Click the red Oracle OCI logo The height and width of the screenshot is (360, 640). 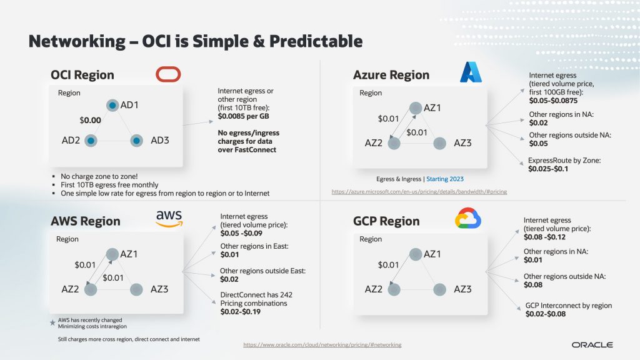(168, 74)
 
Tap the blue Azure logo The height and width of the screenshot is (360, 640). (471, 72)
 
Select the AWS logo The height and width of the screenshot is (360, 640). (169, 218)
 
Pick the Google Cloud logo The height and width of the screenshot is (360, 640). (468, 218)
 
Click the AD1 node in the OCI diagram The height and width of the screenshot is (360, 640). (112, 105)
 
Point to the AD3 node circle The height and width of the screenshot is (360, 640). (136, 141)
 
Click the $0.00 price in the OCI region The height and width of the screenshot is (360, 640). (90, 120)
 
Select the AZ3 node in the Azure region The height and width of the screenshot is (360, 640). (439, 143)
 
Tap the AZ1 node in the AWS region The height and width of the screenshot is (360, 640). (112, 254)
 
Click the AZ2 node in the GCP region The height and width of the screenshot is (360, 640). (394, 289)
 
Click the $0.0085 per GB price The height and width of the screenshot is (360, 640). (243, 116)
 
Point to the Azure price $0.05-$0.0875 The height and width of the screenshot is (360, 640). (553, 101)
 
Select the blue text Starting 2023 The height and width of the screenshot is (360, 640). (445, 179)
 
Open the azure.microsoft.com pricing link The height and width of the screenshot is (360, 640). (419, 191)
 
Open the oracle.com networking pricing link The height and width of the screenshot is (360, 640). (322, 345)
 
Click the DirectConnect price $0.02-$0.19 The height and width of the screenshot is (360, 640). (241, 312)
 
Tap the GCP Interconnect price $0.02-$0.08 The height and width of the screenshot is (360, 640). (545, 314)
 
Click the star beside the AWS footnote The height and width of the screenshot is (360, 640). (52, 323)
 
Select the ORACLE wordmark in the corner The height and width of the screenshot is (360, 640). (592, 345)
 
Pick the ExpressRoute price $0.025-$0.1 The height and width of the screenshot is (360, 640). (548, 169)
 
